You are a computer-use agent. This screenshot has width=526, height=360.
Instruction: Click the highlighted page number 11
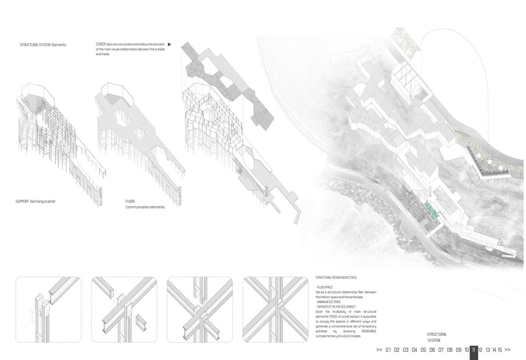474,350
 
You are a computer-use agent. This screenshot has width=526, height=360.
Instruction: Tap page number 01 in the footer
388,350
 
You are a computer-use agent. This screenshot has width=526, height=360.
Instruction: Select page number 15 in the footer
500,350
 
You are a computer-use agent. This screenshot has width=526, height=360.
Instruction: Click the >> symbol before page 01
379,350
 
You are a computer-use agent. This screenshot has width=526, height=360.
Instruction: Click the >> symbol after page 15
508,350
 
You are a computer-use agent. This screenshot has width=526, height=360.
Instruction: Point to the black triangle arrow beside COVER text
169,44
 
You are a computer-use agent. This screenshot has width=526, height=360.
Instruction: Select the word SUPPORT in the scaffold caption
21,201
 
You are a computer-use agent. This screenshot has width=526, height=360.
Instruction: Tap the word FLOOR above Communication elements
130,201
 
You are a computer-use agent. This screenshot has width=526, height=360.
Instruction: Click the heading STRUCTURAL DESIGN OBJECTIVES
336,278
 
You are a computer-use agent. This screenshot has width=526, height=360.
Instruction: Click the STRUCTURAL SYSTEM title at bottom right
437,337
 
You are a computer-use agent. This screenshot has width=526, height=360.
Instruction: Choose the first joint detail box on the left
48,309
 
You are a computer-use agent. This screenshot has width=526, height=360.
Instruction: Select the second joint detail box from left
124,309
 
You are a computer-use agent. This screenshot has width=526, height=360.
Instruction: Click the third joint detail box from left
200,309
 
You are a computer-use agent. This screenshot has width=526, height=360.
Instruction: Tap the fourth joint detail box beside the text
275,309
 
